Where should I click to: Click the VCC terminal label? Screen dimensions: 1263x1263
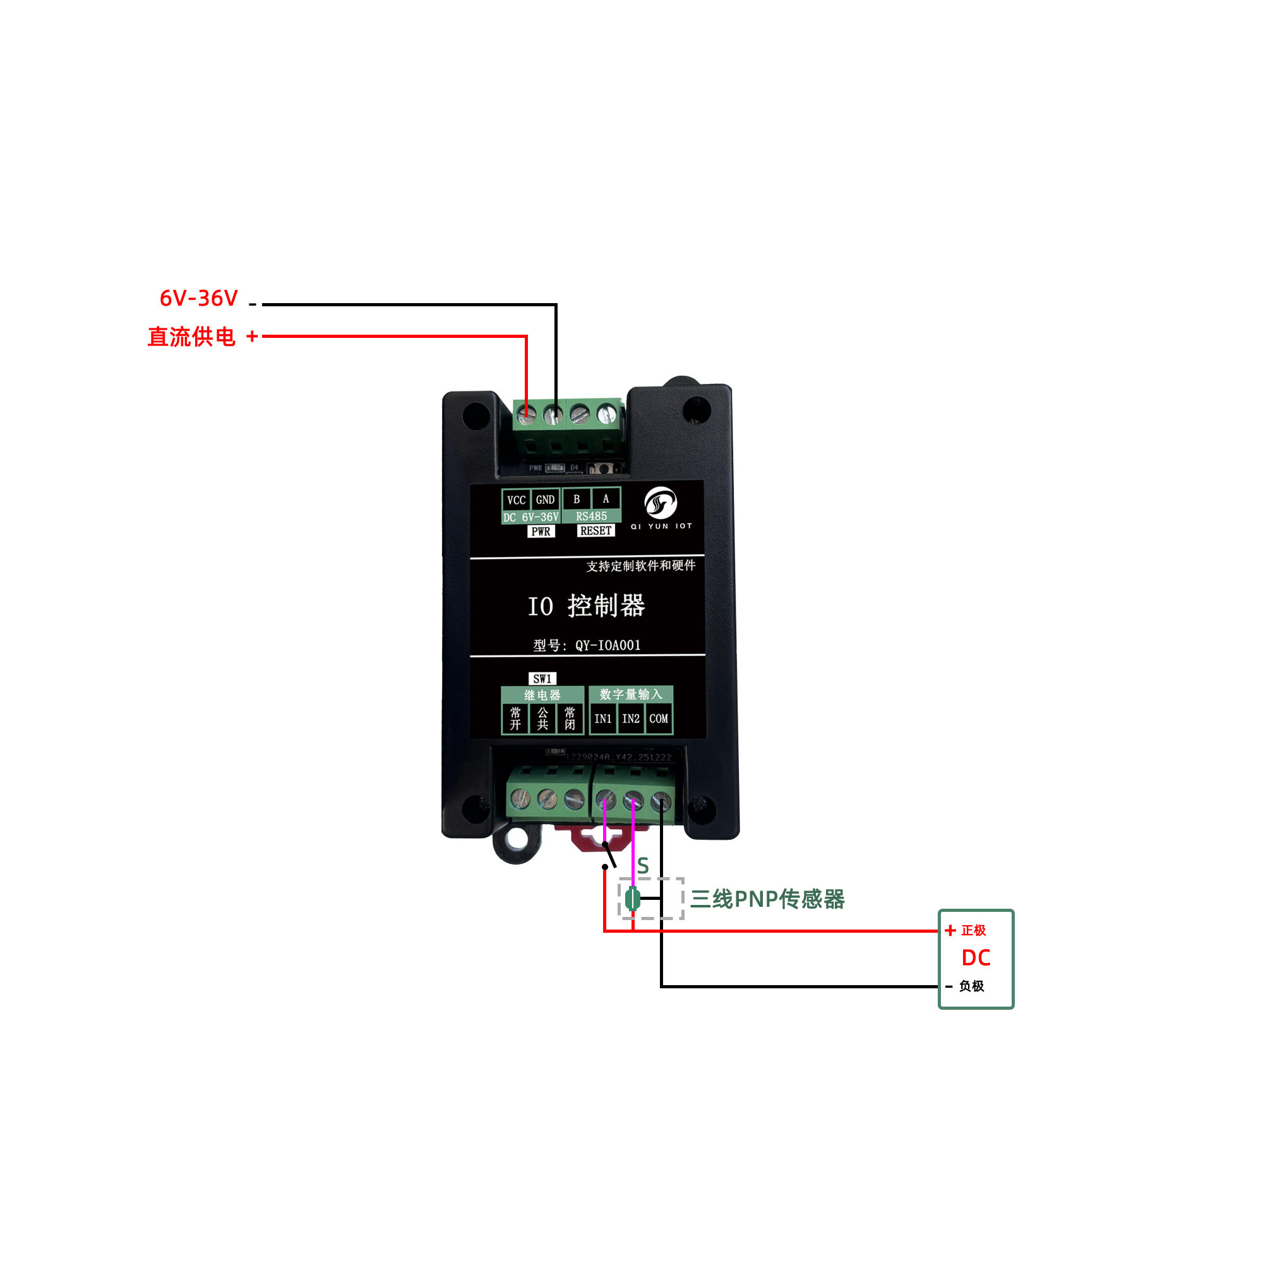click(x=516, y=500)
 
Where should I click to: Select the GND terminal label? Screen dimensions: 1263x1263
click(x=545, y=500)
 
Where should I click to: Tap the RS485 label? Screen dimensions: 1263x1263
click(x=591, y=517)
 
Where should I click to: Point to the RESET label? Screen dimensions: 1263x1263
click(x=596, y=531)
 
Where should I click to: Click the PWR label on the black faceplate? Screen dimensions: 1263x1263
click(x=541, y=532)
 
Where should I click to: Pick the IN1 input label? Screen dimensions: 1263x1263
click(x=602, y=719)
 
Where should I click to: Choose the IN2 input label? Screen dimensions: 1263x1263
click(x=631, y=719)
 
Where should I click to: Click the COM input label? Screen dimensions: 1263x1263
click(x=658, y=719)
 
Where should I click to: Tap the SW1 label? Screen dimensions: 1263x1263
click(x=542, y=679)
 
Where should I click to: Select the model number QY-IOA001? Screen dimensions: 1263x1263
click(x=608, y=646)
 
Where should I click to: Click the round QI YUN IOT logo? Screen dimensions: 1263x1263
click(x=661, y=503)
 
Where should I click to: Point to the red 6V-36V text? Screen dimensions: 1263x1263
click(x=199, y=298)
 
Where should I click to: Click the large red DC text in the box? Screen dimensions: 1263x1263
click(x=976, y=958)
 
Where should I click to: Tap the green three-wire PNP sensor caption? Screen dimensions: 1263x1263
click(x=767, y=899)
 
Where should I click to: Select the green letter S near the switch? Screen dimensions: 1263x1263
click(x=643, y=866)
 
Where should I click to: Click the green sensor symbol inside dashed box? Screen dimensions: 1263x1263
click(x=631, y=899)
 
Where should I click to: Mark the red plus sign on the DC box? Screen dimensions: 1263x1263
click(x=950, y=930)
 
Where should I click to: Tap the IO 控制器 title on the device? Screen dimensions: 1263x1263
click(x=587, y=606)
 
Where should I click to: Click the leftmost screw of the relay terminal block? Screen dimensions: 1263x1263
click(x=520, y=798)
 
